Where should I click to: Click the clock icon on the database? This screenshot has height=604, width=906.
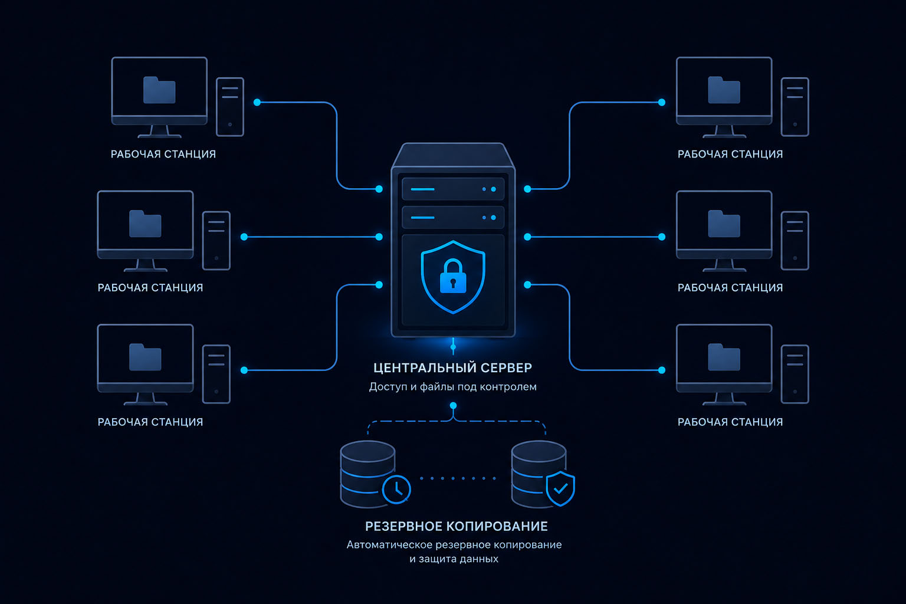click(x=396, y=489)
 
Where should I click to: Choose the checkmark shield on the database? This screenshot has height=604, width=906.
click(x=560, y=488)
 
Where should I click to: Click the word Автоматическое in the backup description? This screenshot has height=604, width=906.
click(x=389, y=544)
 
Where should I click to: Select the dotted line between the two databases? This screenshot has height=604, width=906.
click(x=458, y=478)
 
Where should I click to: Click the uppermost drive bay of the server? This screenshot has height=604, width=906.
click(x=453, y=189)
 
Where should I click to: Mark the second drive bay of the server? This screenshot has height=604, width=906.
click(x=453, y=217)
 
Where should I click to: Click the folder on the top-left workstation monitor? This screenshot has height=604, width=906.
click(x=159, y=90)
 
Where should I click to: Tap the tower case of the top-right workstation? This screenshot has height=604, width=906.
click(x=795, y=107)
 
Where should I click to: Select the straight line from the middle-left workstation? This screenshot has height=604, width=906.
click(x=311, y=237)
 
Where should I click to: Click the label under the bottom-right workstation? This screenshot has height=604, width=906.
click(x=730, y=422)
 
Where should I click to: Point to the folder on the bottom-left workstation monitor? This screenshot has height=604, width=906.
click(x=145, y=357)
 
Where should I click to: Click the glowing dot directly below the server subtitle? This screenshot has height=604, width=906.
click(x=453, y=405)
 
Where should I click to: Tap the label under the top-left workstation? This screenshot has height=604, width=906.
click(x=163, y=154)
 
